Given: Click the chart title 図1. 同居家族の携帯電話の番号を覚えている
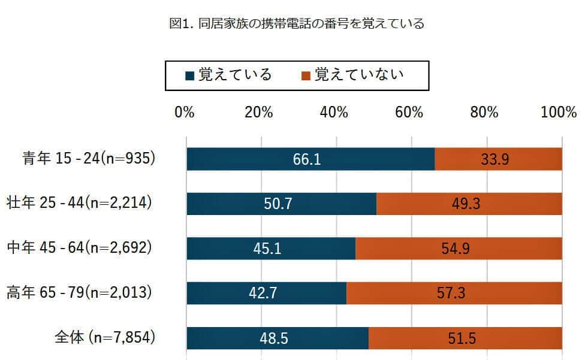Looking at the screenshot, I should tap(297, 24).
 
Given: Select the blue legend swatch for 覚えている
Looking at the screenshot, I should tap(189, 76).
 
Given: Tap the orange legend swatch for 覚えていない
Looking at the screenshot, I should tap(306, 76).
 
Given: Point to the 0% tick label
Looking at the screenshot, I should tap(184, 113).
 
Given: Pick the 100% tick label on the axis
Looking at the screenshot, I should tap(558, 113).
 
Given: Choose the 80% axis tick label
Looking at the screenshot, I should tap(484, 113).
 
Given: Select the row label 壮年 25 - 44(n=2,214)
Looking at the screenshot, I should tap(80, 203).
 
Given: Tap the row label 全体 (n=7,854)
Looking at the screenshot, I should tap(105, 338).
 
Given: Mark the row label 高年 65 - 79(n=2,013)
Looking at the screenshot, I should tap(80, 293).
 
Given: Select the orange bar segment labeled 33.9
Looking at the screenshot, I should tap(498, 159).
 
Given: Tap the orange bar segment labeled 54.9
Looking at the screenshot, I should tap(459, 249).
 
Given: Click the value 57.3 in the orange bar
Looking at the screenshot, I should tap(454, 294).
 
